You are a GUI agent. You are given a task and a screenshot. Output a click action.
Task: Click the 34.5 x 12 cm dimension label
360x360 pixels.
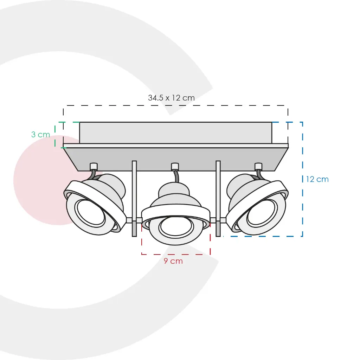point(171,98)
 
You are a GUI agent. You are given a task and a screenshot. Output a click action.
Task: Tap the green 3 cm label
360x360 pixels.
point(41,135)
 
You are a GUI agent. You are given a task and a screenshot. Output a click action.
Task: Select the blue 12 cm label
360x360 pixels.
point(317,179)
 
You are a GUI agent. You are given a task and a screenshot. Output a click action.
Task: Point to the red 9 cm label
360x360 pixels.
point(173,261)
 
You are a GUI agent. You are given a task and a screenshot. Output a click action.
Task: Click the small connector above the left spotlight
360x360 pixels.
point(94,166)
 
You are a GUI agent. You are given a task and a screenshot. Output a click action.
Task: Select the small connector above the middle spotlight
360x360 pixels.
point(175,166)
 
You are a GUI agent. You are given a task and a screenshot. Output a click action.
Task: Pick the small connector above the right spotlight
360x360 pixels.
point(258,166)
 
